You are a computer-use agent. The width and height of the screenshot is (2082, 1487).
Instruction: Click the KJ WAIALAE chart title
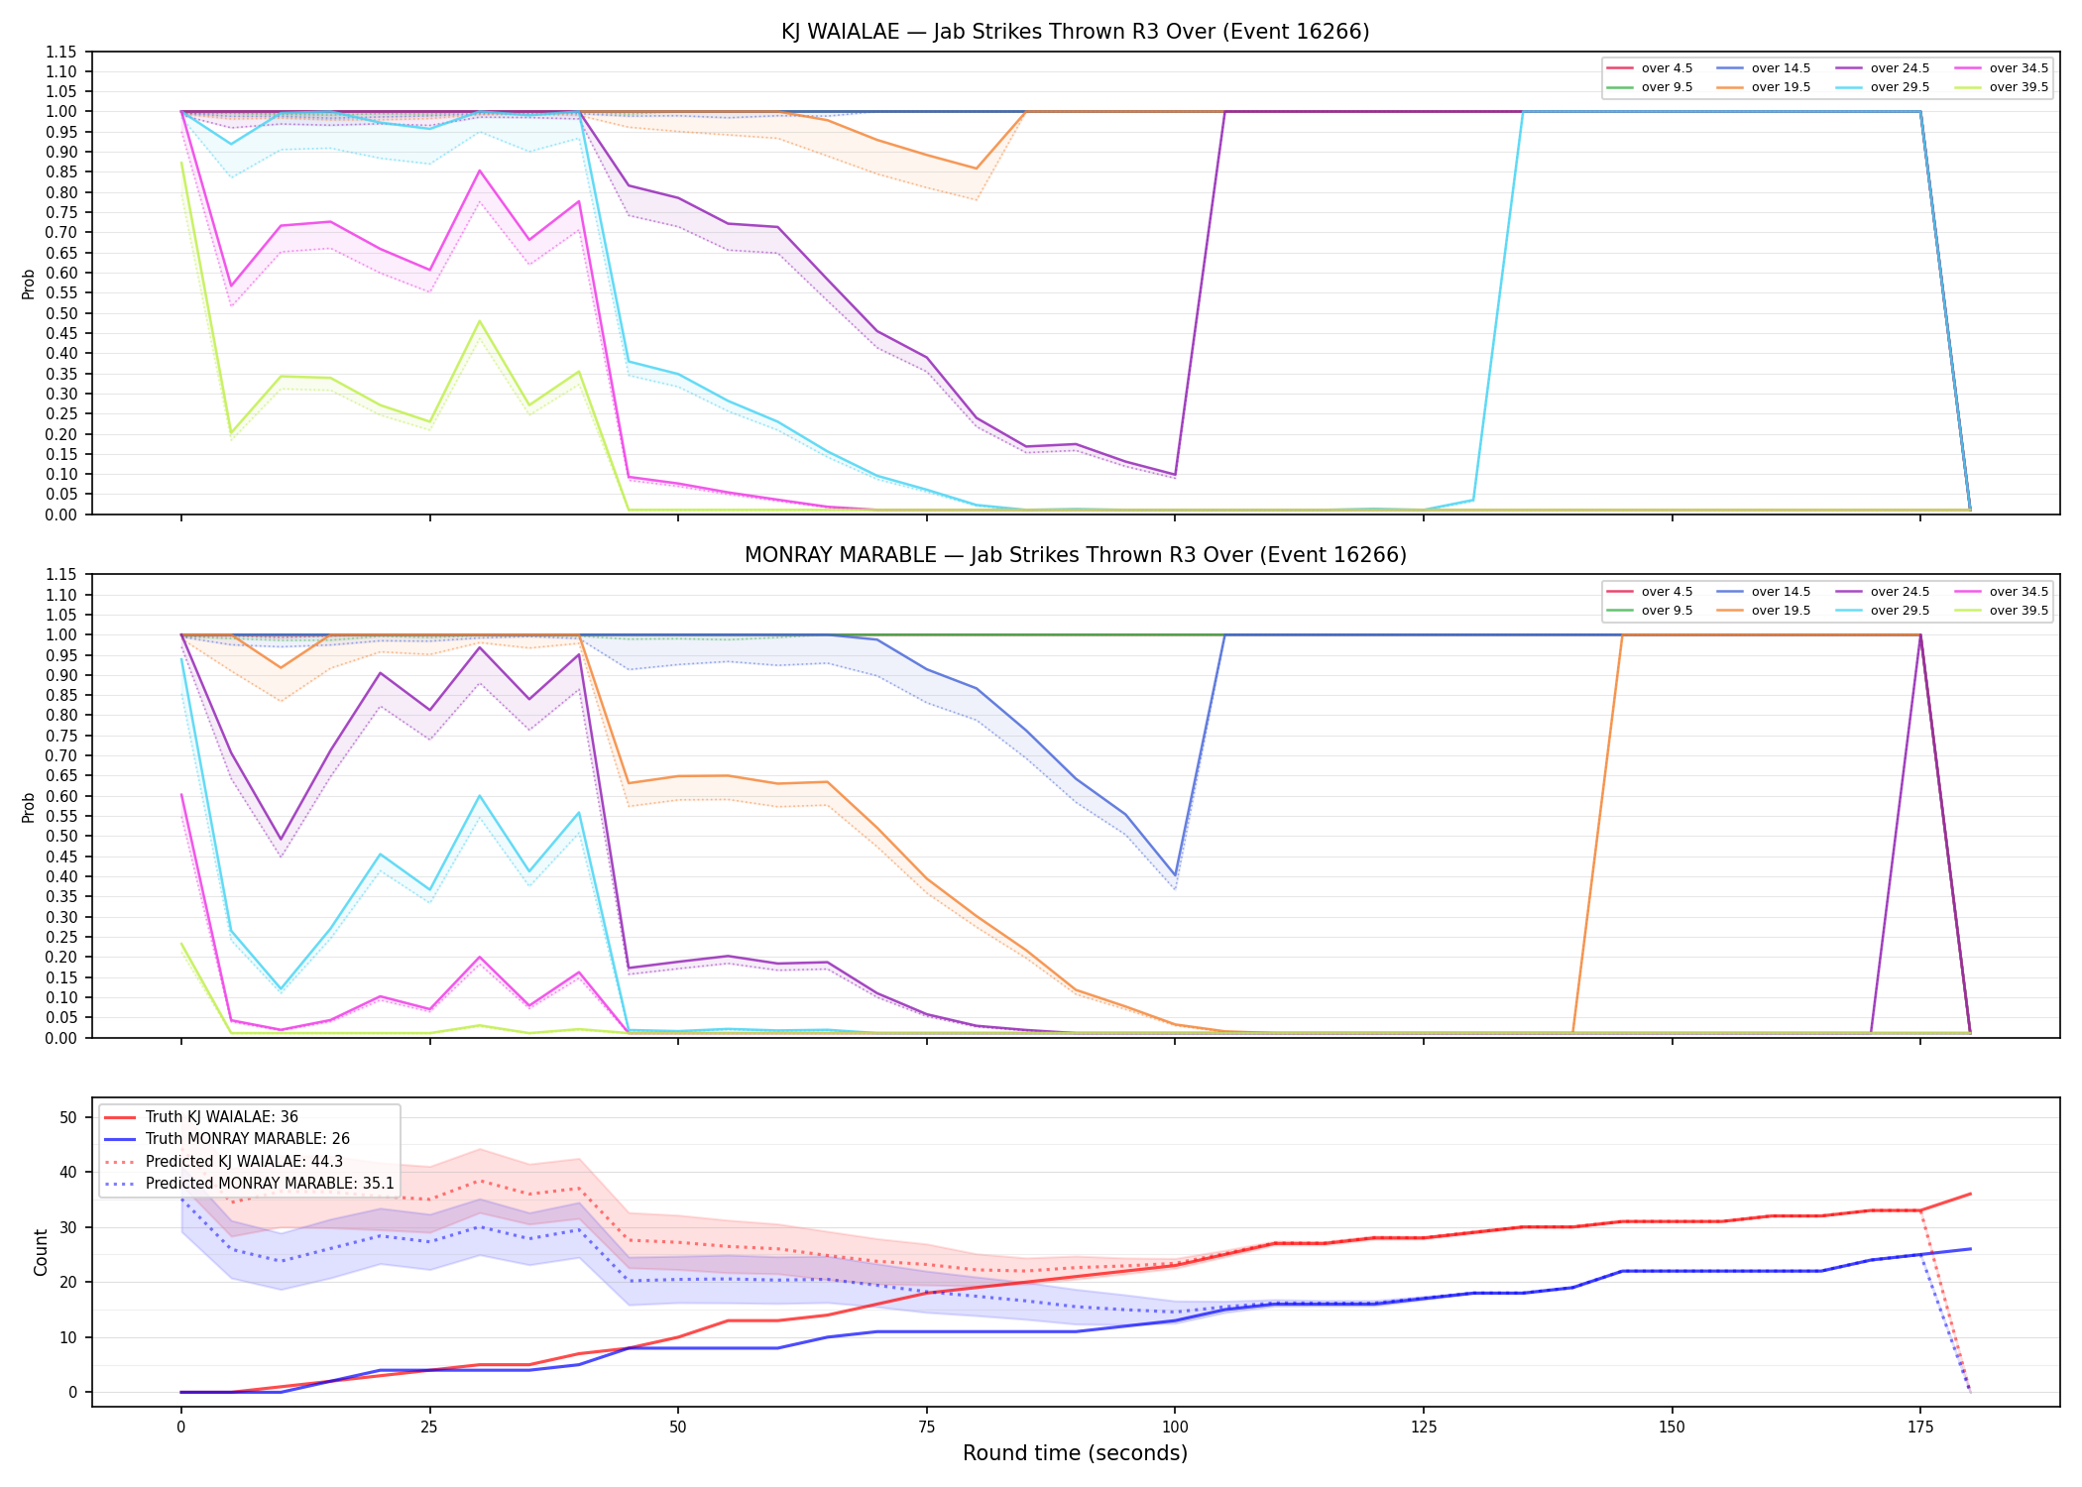click(x=1075, y=32)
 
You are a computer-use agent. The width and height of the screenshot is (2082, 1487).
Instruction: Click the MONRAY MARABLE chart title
click(x=1075, y=555)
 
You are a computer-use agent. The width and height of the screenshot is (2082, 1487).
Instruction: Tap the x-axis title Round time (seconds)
click(x=1075, y=1453)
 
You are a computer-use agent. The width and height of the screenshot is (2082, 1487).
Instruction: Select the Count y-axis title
click(x=41, y=1252)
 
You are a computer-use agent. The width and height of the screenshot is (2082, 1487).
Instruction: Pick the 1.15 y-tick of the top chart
click(x=62, y=52)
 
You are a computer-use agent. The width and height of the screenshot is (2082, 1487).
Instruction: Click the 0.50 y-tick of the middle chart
click(x=62, y=837)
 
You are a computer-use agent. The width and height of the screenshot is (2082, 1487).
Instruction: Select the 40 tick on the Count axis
click(x=68, y=1172)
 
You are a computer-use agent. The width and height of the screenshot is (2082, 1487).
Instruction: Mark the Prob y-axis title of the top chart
click(x=29, y=284)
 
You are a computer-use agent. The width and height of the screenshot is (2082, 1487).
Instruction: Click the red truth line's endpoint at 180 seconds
click(x=1970, y=1194)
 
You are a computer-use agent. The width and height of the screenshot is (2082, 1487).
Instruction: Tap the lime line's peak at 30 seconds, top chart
click(x=480, y=321)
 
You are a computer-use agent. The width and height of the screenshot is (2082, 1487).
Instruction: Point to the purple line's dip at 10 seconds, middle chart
click(x=281, y=840)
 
